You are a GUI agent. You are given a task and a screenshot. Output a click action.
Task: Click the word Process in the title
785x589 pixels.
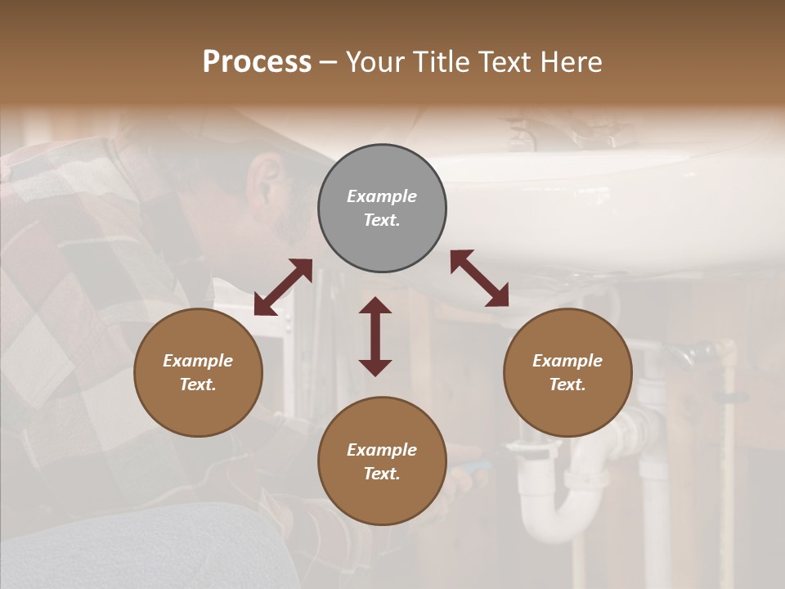click(257, 62)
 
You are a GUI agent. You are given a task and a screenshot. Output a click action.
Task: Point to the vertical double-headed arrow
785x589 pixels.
click(375, 336)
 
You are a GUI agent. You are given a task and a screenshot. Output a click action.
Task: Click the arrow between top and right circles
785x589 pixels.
click(479, 277)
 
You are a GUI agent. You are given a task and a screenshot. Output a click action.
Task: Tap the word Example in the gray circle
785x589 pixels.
click(382, 196)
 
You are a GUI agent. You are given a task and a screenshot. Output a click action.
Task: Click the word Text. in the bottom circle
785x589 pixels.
click(382, 474)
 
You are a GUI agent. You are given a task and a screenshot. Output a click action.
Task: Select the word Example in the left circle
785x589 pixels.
click(198, 361)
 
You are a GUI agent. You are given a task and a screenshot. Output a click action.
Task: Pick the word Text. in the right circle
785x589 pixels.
click(567, 384)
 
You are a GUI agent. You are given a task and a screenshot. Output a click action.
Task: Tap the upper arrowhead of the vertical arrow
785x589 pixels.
click(375, 306)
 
